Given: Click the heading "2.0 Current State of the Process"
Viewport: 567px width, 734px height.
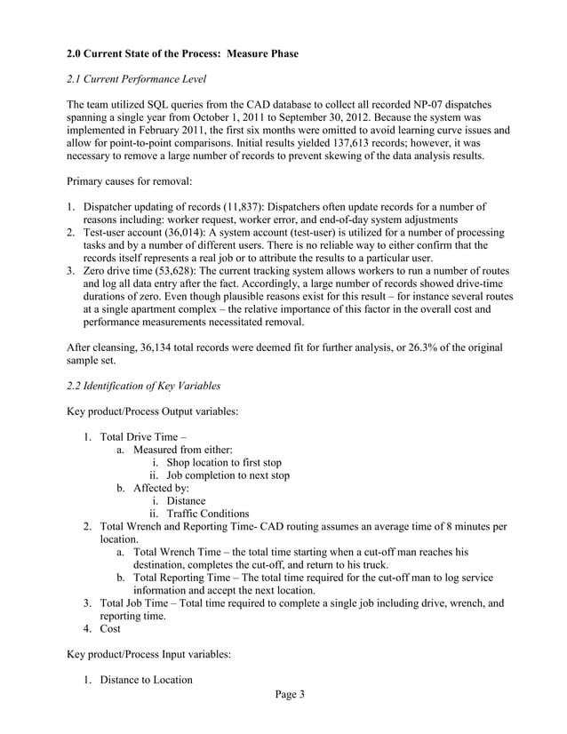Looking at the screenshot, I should pos(182,54).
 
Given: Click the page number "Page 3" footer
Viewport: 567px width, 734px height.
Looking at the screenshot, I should pos(283,696).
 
